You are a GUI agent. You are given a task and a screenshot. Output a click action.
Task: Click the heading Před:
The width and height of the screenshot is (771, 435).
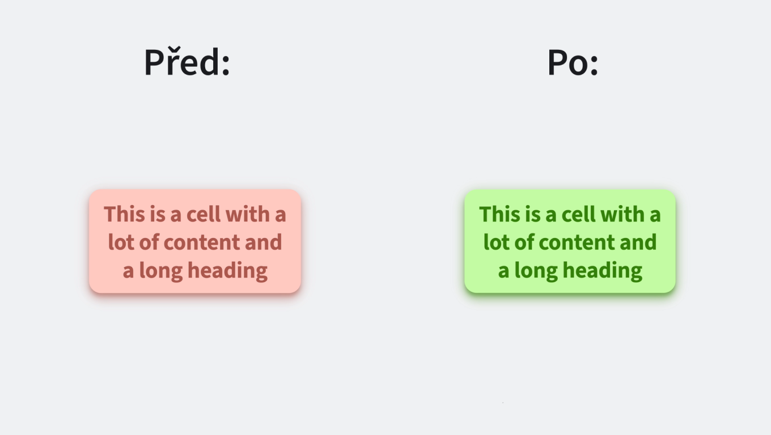187,62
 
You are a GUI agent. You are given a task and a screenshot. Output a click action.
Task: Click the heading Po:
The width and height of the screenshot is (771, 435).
573,62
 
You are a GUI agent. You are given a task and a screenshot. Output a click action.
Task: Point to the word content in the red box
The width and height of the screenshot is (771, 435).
201,242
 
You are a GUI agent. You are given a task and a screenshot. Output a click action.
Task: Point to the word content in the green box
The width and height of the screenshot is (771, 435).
577,242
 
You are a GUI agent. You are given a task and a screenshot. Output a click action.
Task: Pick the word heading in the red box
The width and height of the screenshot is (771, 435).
227,271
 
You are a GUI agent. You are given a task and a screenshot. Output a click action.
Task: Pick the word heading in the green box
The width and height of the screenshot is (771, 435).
602,271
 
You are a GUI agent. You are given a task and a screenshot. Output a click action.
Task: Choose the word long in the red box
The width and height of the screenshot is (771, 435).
161,271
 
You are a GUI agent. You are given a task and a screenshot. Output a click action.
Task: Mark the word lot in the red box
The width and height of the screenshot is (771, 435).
121,242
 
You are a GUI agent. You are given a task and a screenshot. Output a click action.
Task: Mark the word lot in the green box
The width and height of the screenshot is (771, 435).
496,242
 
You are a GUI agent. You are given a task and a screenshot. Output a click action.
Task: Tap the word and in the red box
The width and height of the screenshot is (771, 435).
263,242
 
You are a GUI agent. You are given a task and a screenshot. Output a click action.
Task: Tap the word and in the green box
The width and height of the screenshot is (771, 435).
638,242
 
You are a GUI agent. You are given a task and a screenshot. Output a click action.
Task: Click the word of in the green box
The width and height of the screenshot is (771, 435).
524,242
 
